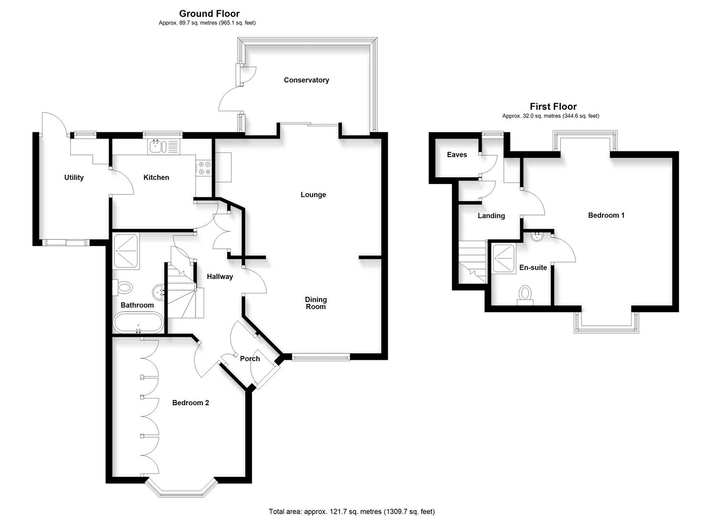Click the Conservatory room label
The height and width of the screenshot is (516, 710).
306,80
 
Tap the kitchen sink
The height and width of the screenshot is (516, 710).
156,146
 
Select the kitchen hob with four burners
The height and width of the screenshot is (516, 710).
204,168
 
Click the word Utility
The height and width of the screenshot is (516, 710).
74,177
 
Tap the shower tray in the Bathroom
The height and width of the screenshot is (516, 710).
126,251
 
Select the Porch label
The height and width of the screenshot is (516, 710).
250,359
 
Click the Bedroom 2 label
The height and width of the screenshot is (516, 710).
190,403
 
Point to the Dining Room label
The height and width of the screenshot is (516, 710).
316,303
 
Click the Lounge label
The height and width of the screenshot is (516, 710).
313,194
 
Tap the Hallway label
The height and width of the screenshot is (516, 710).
219,277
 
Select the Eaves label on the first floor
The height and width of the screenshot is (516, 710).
457,155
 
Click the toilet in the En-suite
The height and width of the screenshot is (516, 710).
525,294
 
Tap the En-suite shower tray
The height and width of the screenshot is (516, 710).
503,258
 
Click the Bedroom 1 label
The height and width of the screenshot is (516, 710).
606,215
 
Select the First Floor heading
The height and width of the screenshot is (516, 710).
553,107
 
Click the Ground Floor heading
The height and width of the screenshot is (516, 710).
209,13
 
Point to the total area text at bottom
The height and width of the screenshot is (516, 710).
351,512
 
